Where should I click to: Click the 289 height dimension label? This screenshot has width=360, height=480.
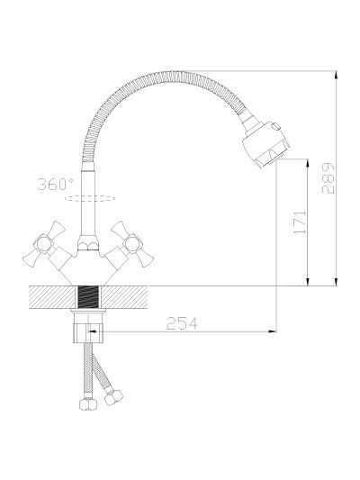pos(328,178)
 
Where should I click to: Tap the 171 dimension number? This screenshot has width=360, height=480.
pos(300,222)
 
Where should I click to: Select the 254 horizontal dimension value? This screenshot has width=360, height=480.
pos(182,323)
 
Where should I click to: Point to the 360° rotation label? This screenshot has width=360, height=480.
pos(55,184)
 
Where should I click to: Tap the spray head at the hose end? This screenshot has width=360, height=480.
pos(265,143)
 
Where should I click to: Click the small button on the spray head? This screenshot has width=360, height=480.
pos(276,126)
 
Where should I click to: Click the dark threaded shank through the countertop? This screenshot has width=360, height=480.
pos(89,297)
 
